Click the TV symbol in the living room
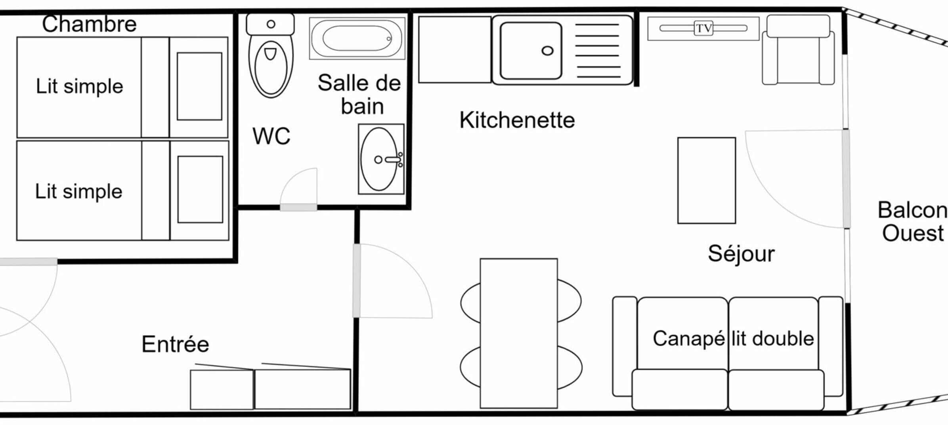pos(703,28)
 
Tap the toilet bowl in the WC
pos(271,67)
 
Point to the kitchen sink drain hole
pos(547,51)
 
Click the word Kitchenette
pos(517,120)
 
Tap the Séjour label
pos(741,253)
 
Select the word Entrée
pos(175,344)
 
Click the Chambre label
pos(89,24)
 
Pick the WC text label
pos(271,136)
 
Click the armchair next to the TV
pos(798,51)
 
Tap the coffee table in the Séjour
pos(706,181)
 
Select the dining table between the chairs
pos(518,333)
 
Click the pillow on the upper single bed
pos(199,86)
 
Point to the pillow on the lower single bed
pos(200,189)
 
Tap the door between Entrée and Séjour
pos(357,280)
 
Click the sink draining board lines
pos(597,51)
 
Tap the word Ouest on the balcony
pos(913,233)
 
